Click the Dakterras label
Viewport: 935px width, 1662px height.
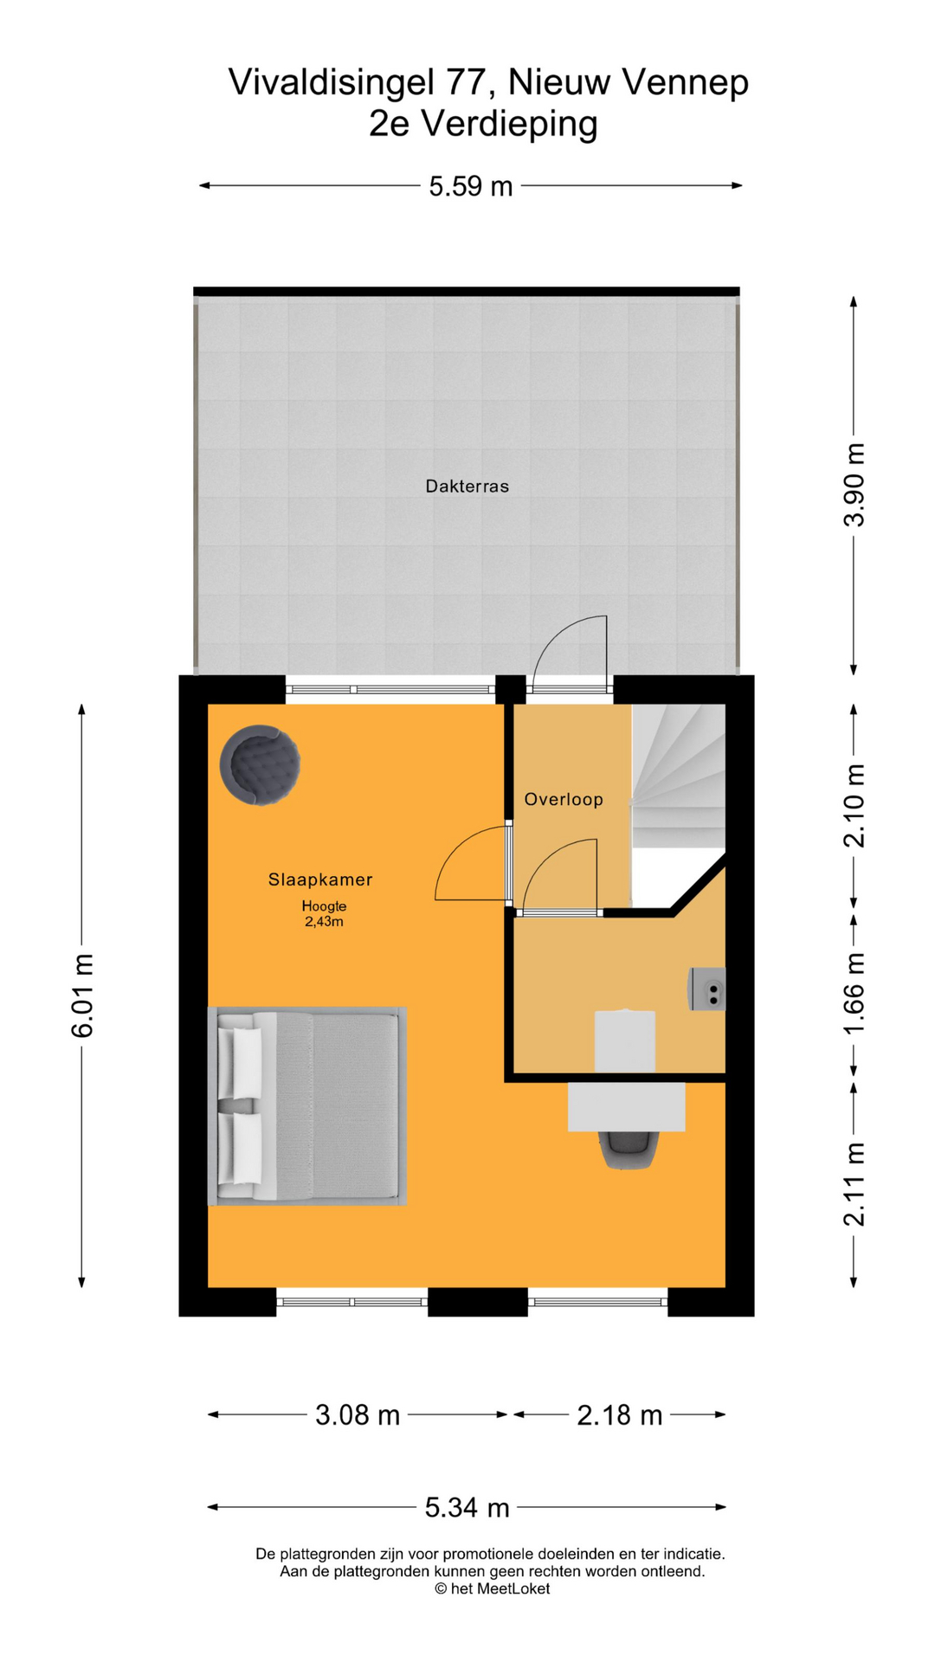click(467, 486)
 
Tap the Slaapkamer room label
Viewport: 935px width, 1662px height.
click(320, 879)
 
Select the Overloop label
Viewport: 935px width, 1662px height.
click(564, 799)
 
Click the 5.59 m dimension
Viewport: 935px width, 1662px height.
click(471, 186)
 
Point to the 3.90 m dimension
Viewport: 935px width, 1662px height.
click(854, 485)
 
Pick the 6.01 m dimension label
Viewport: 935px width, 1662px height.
click(82, 995)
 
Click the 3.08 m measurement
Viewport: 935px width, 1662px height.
click(358, 1415)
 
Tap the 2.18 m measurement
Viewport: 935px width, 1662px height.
click(620, 1415)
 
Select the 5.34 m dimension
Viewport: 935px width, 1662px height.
click(467, 1508)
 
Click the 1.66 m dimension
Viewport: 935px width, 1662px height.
click(854, 993)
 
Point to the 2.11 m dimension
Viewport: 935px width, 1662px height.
click(854, 1184)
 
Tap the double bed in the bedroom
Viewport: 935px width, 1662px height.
click(307, 1106)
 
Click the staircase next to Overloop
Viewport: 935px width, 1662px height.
click(679, 776)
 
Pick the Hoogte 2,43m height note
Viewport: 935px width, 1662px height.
click(324, 914)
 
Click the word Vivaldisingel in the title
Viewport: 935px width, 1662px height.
click(332, 83)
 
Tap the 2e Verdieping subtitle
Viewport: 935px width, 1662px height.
click(483, 124)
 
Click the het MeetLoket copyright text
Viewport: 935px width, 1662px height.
click(492, 1588)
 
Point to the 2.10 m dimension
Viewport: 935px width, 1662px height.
click(854, 805)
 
